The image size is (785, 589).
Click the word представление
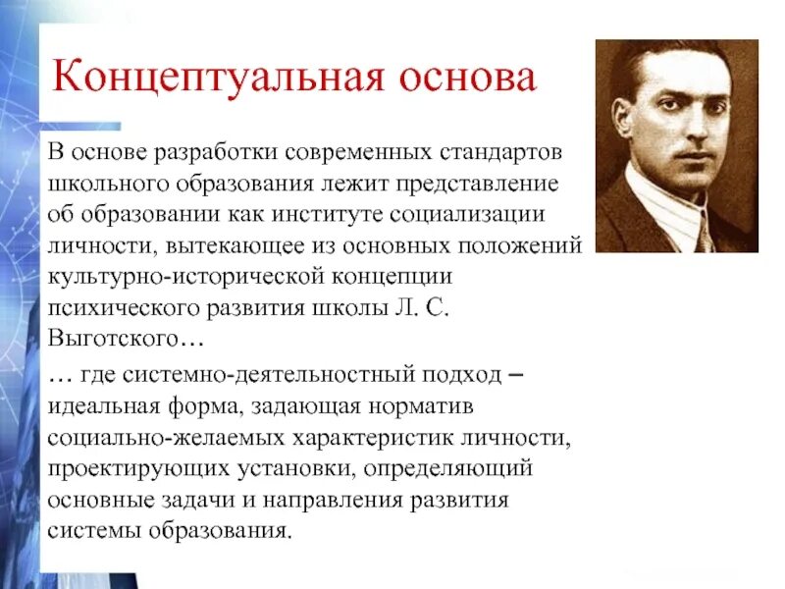pyautogui.click(x=503, y=184)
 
